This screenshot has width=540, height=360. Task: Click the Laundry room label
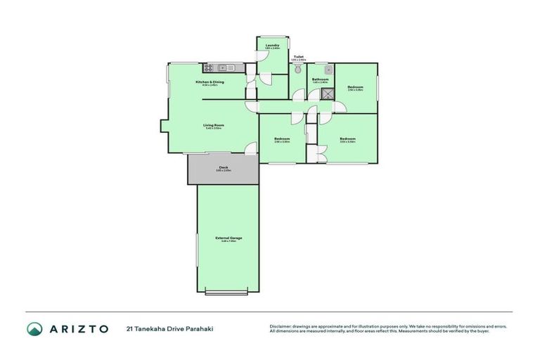tap(273, 45)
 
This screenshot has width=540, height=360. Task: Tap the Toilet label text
tap(298, 57)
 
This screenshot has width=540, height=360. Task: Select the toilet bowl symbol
tap(298, 71)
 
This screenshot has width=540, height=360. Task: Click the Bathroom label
tap(321, 79)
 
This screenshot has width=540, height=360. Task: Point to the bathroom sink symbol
tap(328, 70)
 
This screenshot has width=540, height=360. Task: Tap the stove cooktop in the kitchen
tap(209, 67)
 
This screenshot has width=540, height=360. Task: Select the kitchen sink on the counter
tap(223, 67)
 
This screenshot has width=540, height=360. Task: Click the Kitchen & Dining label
tap(210, 83)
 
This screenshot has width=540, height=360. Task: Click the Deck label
tap(223, 167)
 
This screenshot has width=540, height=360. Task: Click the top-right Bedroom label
tap(355, 87)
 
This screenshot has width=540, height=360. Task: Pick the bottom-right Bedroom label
tap(347, 139)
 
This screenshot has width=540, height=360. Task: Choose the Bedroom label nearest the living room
tap(282, 139)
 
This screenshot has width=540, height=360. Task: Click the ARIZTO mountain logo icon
tap(35, 328)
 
